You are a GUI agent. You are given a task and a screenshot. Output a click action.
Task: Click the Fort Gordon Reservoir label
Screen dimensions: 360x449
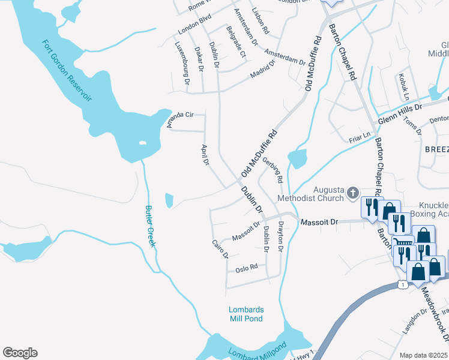[67, 71]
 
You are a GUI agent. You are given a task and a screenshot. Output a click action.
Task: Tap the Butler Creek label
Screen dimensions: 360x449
[150, 226]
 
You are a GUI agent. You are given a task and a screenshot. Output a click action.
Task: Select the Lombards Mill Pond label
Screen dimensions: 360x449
[246, 314]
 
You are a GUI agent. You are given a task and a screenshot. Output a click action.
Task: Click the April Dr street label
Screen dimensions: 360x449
[204, 155]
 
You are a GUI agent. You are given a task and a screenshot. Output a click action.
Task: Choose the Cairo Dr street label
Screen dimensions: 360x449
[220, 248]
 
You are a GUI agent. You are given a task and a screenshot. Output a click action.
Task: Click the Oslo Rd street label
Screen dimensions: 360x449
[246, 268]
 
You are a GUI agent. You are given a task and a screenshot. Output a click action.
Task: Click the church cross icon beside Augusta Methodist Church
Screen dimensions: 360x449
[353, 193]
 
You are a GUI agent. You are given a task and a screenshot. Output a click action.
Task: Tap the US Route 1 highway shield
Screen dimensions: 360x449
[402, 283]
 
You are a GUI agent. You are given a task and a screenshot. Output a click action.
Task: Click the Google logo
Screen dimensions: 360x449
[20, 353]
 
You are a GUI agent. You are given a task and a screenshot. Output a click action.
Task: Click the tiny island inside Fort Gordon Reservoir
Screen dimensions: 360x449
[142, 143]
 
